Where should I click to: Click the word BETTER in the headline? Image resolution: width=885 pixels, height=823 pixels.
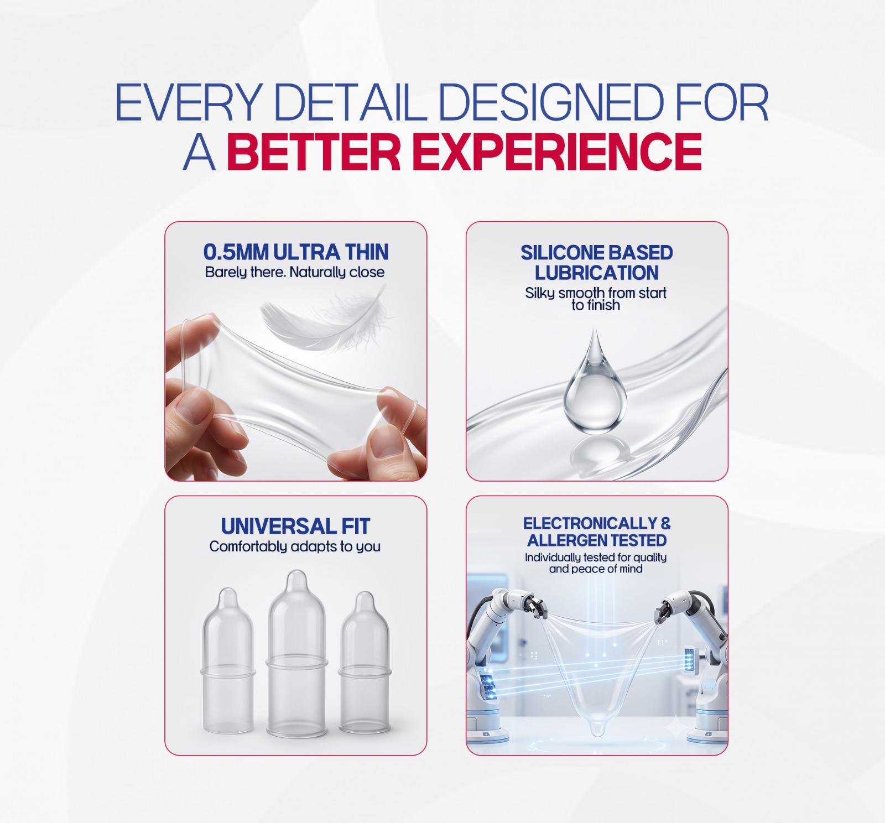tap(314, 151)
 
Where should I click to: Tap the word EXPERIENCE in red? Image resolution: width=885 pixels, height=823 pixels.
tap(557, 151)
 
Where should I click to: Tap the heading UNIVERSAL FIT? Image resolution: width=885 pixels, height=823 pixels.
tap(295, 526)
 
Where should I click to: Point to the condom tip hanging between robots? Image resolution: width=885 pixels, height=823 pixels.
tap(597, 728)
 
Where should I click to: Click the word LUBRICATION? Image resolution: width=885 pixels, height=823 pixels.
tap(596, 273)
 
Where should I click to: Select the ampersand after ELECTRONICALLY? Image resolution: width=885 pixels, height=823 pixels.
tap(665, 523)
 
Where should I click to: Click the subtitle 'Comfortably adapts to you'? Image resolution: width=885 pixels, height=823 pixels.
tap(295, 546)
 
